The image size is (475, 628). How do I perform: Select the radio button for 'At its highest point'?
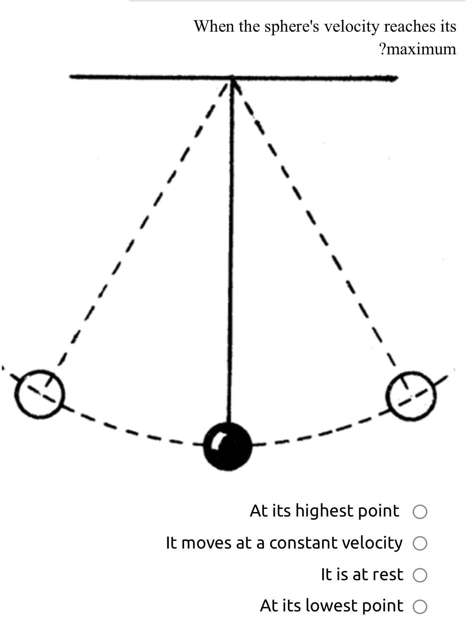click(420, 512)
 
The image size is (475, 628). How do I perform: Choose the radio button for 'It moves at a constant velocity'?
click(420, 543)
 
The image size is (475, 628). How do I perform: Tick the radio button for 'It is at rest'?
click(420, 575)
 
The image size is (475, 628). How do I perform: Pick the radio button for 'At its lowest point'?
click(420, 607)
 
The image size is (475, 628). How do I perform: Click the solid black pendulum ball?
click(228, 446)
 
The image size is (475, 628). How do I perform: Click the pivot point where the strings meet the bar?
click(232, 77)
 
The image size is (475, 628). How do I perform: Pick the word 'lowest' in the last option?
click(332, 606)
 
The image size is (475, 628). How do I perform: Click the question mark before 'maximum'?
click(382, 49)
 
